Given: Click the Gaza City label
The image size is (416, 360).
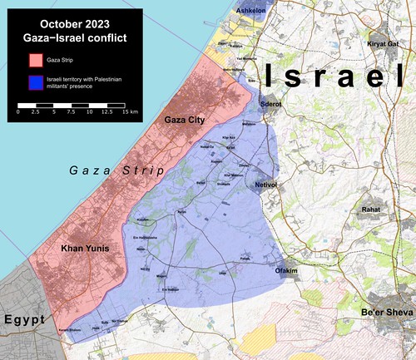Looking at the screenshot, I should pos(185,121).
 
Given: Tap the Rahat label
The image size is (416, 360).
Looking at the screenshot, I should pos(371,210).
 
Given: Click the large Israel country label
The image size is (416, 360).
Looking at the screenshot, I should pos(332,76).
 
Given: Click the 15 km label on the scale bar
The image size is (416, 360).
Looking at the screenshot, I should pos(130,111).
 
